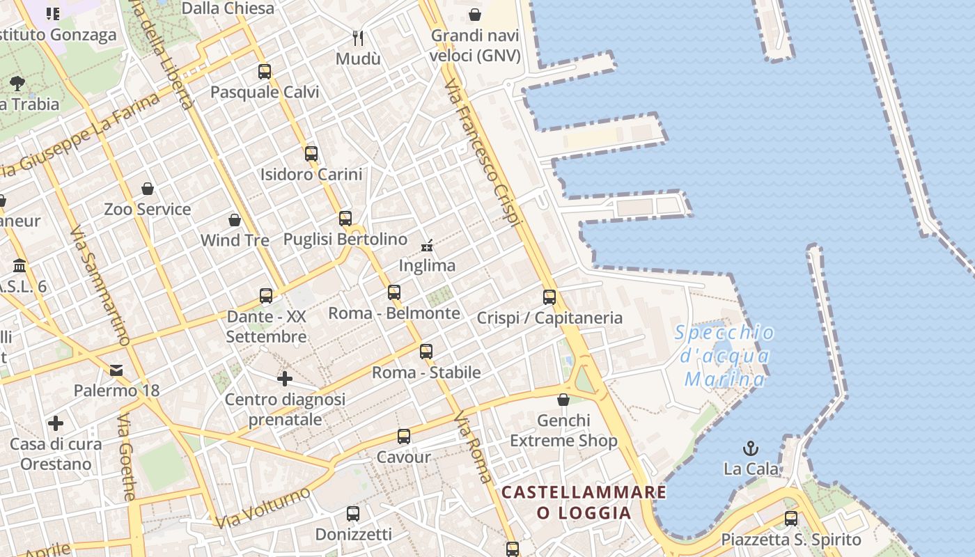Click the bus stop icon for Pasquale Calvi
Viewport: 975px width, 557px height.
click(x=265, y=71)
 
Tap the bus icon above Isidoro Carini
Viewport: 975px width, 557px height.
click(x=311, y=154)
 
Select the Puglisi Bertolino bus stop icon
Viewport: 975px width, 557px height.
click(x=345, y=219)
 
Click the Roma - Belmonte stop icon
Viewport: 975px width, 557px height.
click(x=394, y=292)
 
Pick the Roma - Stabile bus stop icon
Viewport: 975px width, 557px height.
click(x=426, y=352)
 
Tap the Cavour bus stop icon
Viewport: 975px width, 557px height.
click(x=404, y=437)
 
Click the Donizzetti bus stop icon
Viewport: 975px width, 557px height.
click(x=353, y=514)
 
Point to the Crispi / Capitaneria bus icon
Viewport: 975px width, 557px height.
click(x=549, y=297)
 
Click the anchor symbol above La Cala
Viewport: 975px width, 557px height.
click(x=751, y=448)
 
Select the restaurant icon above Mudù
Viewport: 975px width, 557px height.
click(x=358, y=38)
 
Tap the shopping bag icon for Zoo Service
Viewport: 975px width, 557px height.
click(x=148, y=189)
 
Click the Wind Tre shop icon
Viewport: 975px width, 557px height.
click(x=235, y=220)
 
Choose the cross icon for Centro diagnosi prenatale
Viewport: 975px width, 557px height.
click(x=284, y=379)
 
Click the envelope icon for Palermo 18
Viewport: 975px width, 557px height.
click(x=116, y=370)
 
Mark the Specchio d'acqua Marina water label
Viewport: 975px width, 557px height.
click(x=724, y=356)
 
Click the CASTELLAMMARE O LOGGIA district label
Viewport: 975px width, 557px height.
click(x=584, y=503)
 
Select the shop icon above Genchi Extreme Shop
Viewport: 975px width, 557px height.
click(x=563, y=400)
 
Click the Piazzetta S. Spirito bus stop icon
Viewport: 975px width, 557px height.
click(x=791, y=519)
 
